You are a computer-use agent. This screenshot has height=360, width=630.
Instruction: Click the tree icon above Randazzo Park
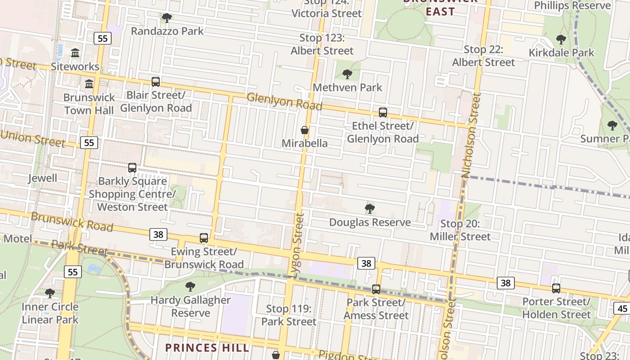click(167, 18)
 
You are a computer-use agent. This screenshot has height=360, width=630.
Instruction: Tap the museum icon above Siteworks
click(75, 53)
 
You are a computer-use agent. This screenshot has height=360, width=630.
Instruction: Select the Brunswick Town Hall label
click(89, 104)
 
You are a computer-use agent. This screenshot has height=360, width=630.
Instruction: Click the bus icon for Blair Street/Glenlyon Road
click(156, 82)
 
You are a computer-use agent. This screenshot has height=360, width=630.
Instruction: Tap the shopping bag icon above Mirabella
click(305, 130)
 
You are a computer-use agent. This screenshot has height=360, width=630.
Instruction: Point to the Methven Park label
click(347, 87)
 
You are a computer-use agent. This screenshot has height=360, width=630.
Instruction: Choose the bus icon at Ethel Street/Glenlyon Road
click(383, 112)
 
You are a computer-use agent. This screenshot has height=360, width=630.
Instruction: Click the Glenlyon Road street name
click(284, 101)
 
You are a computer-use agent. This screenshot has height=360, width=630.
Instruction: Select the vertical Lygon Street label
click(298, 245)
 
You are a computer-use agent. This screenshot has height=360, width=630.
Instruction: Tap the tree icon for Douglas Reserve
click(370, 209)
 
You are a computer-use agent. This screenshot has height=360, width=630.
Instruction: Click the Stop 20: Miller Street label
click(460, 230)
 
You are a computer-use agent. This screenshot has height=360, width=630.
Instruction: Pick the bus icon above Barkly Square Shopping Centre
click(132, 168)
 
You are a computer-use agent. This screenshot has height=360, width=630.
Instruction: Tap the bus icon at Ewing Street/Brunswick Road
click(204, 238)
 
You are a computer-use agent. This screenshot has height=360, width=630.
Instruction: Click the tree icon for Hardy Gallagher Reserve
click(190, 287)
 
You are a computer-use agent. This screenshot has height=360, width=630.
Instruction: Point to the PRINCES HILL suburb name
click(207, 348)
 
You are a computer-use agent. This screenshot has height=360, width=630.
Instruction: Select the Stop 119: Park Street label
click(288, 315)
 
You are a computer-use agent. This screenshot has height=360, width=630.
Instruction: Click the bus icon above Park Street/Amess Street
click(376, 289)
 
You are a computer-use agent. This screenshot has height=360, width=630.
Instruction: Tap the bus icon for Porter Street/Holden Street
click(556, 288)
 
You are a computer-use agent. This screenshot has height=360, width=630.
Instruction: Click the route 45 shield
click(622, 308)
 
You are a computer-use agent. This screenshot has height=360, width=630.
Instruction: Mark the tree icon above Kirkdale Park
click(561, 40)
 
